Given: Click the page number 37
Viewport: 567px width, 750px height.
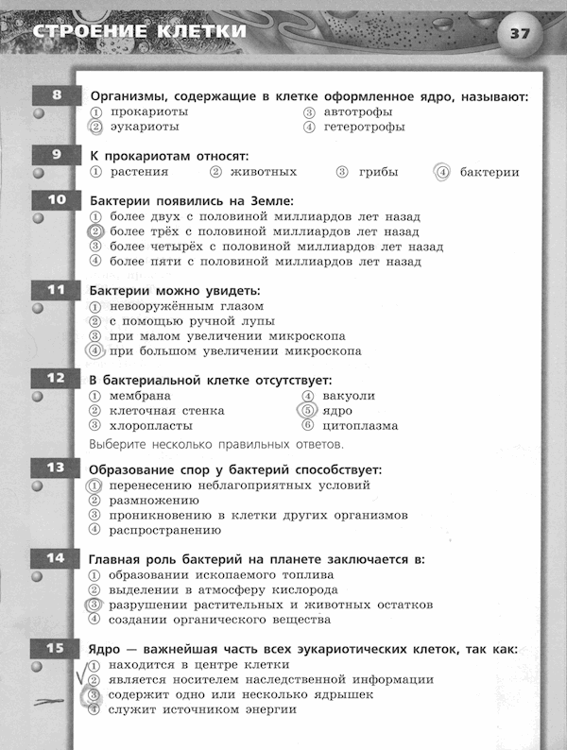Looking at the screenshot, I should pos(519,34).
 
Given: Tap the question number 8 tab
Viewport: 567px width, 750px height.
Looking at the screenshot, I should pos(57,94).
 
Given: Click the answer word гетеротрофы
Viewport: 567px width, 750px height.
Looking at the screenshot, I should pos(364,127).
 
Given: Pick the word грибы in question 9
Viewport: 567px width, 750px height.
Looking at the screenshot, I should pos(377,172).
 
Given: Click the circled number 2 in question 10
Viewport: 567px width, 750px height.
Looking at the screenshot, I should pos(94,231).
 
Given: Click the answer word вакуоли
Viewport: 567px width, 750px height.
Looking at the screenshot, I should pos(349,396).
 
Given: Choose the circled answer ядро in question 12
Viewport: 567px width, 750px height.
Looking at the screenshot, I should pos(336,411).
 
